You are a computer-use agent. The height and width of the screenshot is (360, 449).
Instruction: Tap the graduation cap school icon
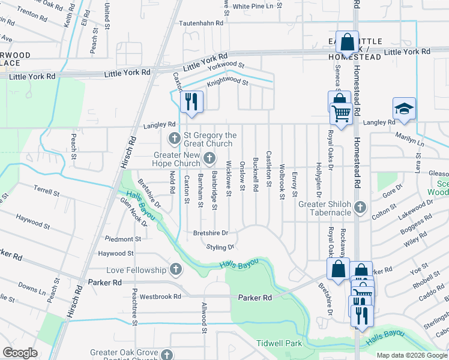404,109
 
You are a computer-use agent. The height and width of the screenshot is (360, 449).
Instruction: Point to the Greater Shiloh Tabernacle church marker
360,208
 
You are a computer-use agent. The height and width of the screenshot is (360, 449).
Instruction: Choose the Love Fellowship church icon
175,268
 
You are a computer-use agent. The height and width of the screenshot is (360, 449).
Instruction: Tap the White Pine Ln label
257,6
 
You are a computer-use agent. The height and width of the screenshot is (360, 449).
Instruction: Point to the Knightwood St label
228,81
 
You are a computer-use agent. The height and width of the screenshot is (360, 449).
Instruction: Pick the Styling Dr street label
220,247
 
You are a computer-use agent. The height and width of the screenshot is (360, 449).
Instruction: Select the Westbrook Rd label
160,296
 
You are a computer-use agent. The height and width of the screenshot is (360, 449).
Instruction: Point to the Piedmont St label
123,239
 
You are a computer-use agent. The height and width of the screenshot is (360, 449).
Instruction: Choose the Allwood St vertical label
204,317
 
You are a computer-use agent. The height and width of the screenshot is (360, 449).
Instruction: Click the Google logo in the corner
20,353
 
